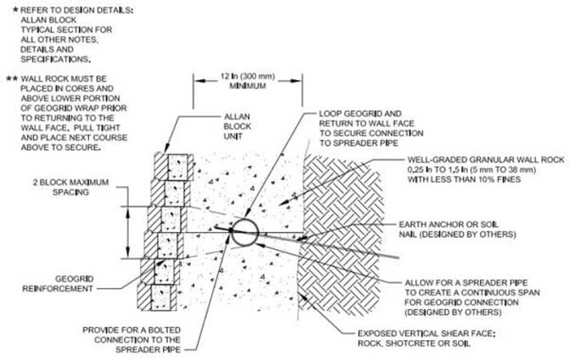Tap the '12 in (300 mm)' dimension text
pos(247,77)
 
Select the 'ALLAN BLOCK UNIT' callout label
pos(237,127)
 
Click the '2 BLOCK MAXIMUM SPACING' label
pos(71,187)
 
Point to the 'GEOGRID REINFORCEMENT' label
pos(58,283)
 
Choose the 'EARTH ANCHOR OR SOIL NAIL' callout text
pos(457,229)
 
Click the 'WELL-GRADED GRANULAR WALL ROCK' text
pos(486,160)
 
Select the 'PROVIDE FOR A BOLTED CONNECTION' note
pos(132,340)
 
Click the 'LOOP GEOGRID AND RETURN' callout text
pos(371,128)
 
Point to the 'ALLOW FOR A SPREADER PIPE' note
pos(472,297)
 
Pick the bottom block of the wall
pos(157,297)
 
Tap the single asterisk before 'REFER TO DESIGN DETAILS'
pos(15,10)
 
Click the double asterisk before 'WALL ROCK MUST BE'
pos(13,78)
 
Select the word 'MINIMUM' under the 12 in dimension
pos(247,87)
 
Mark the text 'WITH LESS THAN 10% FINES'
pos(464,180)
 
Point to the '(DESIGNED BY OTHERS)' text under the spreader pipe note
pos(453,312)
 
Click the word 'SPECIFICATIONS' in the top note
pos(55,59)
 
